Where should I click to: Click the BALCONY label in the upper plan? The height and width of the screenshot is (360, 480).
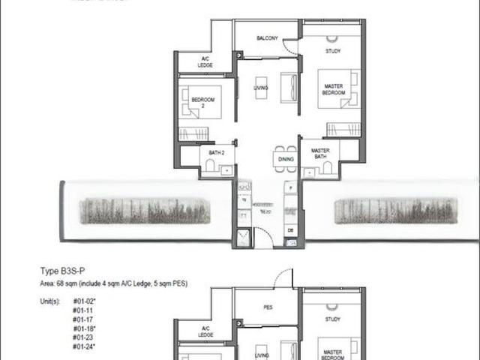(x=268, y=38)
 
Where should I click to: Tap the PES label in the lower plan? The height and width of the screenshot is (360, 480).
(x=268, y=307)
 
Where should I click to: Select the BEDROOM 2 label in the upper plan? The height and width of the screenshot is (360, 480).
(x=202, y=102)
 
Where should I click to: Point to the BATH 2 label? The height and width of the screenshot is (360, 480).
(x=217, y=152)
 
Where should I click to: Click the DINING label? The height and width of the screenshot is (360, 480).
(x=286, y=160)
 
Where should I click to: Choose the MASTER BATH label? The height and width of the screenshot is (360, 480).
(x=320, y=154)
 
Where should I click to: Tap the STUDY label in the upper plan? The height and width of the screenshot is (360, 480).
(x=332, y=51)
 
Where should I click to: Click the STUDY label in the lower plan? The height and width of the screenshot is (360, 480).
(x=332, y=319)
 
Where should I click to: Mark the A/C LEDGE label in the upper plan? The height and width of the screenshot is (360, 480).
(x=205, y=61)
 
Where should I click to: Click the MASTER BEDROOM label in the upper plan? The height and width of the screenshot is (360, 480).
(x=334, y=89)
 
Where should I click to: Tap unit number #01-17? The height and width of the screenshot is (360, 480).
(x=82, y=319)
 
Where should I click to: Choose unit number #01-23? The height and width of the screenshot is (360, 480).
(x=82, y=337)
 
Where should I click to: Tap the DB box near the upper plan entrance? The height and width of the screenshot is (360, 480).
(x=290, y=229)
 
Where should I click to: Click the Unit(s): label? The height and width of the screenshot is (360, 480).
(x=50, y=301)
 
